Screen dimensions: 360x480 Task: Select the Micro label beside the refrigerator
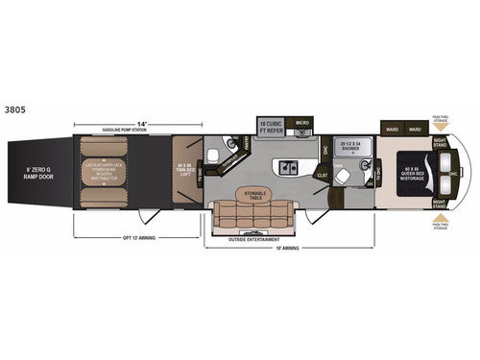300,123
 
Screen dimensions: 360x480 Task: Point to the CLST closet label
323,176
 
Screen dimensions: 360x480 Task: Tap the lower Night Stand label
441,203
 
